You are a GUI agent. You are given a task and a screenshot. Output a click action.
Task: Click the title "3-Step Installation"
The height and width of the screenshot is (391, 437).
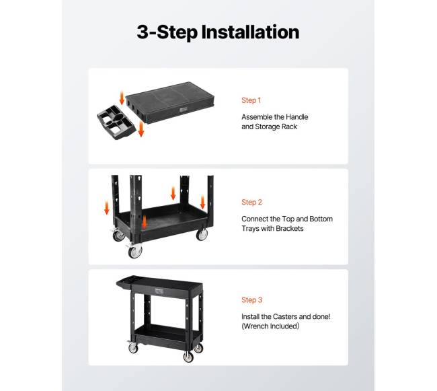(x=218, y=32)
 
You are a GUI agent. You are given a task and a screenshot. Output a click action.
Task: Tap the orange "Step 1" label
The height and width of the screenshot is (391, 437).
(x=251, y=100)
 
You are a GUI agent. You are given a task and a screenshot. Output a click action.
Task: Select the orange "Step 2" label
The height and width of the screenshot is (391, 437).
(x=251, y=202)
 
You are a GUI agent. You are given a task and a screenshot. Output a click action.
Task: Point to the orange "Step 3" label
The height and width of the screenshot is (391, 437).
(x=251, y=299)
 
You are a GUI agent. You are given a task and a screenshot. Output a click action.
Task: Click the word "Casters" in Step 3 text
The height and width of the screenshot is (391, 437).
(x=284, y=316)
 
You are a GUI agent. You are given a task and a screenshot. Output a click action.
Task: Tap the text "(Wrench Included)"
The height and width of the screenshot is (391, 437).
(x=270, y=326)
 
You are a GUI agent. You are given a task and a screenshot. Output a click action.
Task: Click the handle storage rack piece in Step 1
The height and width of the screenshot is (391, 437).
(x=116, y=122)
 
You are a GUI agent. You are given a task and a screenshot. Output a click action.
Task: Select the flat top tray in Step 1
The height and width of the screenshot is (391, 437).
(x=170, y=102)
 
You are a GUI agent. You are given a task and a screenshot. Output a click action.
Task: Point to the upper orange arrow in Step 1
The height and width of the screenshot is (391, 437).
(x=122, y=98)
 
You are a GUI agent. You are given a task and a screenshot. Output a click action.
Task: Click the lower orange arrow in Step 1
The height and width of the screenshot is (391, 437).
(x=141, y=129)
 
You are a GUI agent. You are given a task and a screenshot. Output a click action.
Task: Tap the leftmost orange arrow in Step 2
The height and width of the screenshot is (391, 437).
(x=106, y=208)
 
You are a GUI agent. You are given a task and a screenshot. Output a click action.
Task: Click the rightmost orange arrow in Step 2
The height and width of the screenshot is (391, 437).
(x=202, y=202)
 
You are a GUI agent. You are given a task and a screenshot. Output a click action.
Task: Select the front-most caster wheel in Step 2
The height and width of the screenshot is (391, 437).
(x=135, y=251)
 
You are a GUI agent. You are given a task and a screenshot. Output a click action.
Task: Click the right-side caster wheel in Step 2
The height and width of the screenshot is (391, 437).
(x=202, y=235)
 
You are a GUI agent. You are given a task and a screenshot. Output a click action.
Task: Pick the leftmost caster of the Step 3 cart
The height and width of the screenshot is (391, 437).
(x=132, y=347)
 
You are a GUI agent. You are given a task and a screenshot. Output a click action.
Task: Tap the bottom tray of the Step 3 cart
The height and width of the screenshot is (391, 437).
(x=167, y=334)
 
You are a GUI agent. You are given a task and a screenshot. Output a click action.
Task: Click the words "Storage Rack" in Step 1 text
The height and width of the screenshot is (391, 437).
(x=276, y=127)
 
